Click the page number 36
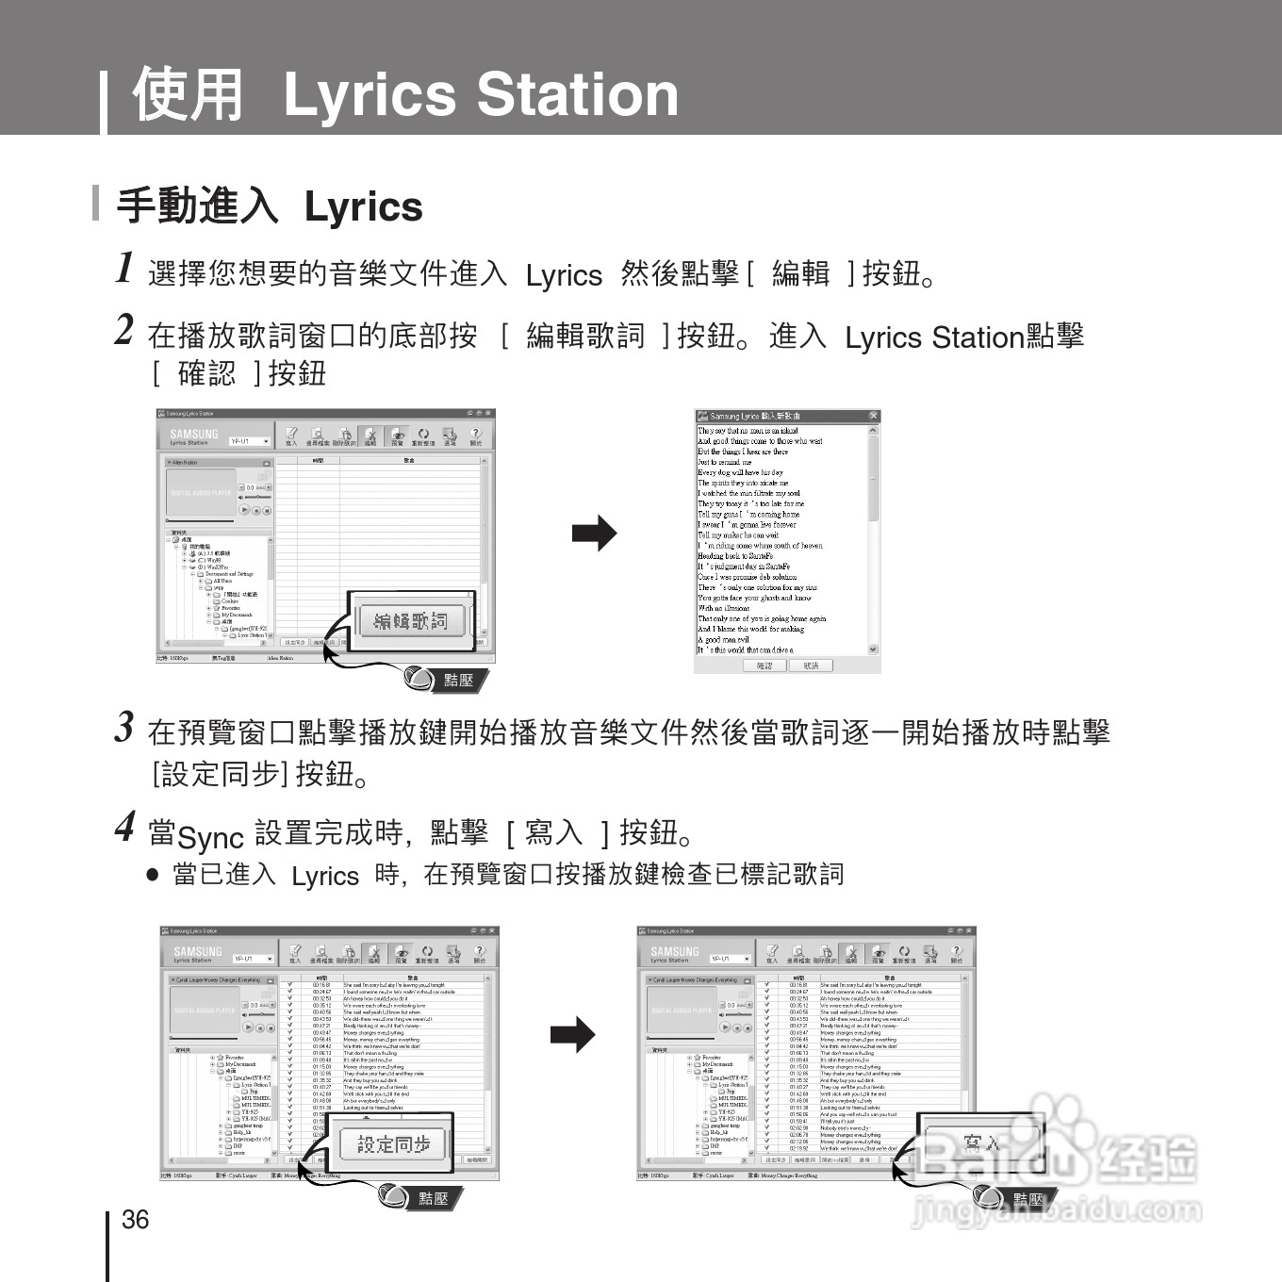click(136, 1220)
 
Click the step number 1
click(124, 268)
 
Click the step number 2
click(124, 330)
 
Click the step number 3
click(124, 727)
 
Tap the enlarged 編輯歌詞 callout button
click(411, 621)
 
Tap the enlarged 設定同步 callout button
click(393, 1144)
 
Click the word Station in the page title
click(577, 94)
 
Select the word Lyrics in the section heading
click(363, 207)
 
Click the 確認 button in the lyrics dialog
click(764, 666)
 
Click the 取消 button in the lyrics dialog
click(811, 666)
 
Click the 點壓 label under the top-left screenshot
click(459, 680)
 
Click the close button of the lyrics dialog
click(873, 416)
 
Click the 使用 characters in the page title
click(189, 94)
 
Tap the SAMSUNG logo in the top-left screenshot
click(193, 435)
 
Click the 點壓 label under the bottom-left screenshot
click(434, 1198)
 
